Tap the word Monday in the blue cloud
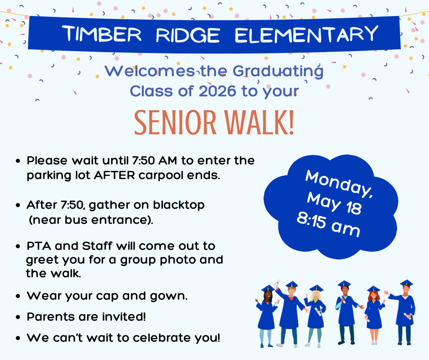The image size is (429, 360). pos(338,182)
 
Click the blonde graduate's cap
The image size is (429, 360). pos(316,288)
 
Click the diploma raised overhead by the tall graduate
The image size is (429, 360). pos(277,284)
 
